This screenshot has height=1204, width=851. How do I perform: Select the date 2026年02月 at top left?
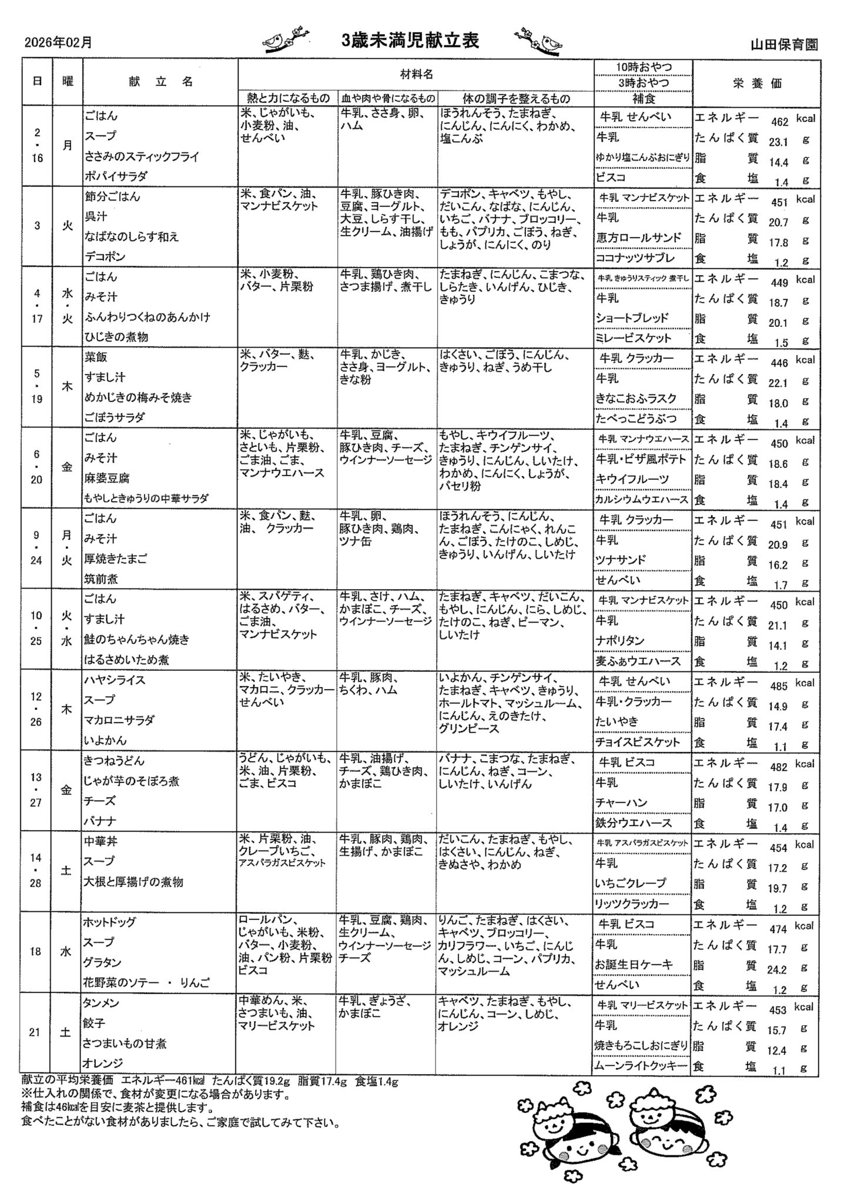click(58, 42)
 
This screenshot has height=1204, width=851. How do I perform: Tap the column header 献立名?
click(160, 82)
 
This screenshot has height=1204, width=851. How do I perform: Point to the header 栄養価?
click(758, 83)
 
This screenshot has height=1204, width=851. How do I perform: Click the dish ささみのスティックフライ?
click(142, 156)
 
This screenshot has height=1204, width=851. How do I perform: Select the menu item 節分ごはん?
click(113, 196)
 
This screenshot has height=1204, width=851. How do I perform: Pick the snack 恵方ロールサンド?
click(639, 238)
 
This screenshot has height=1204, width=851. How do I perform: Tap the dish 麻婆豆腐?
click(108, 478)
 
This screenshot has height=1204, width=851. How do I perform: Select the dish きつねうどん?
click(114, 761)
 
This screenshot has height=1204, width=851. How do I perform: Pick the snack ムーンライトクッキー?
click(642, 1065)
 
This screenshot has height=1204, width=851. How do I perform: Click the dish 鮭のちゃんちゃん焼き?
click(137, 639)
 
